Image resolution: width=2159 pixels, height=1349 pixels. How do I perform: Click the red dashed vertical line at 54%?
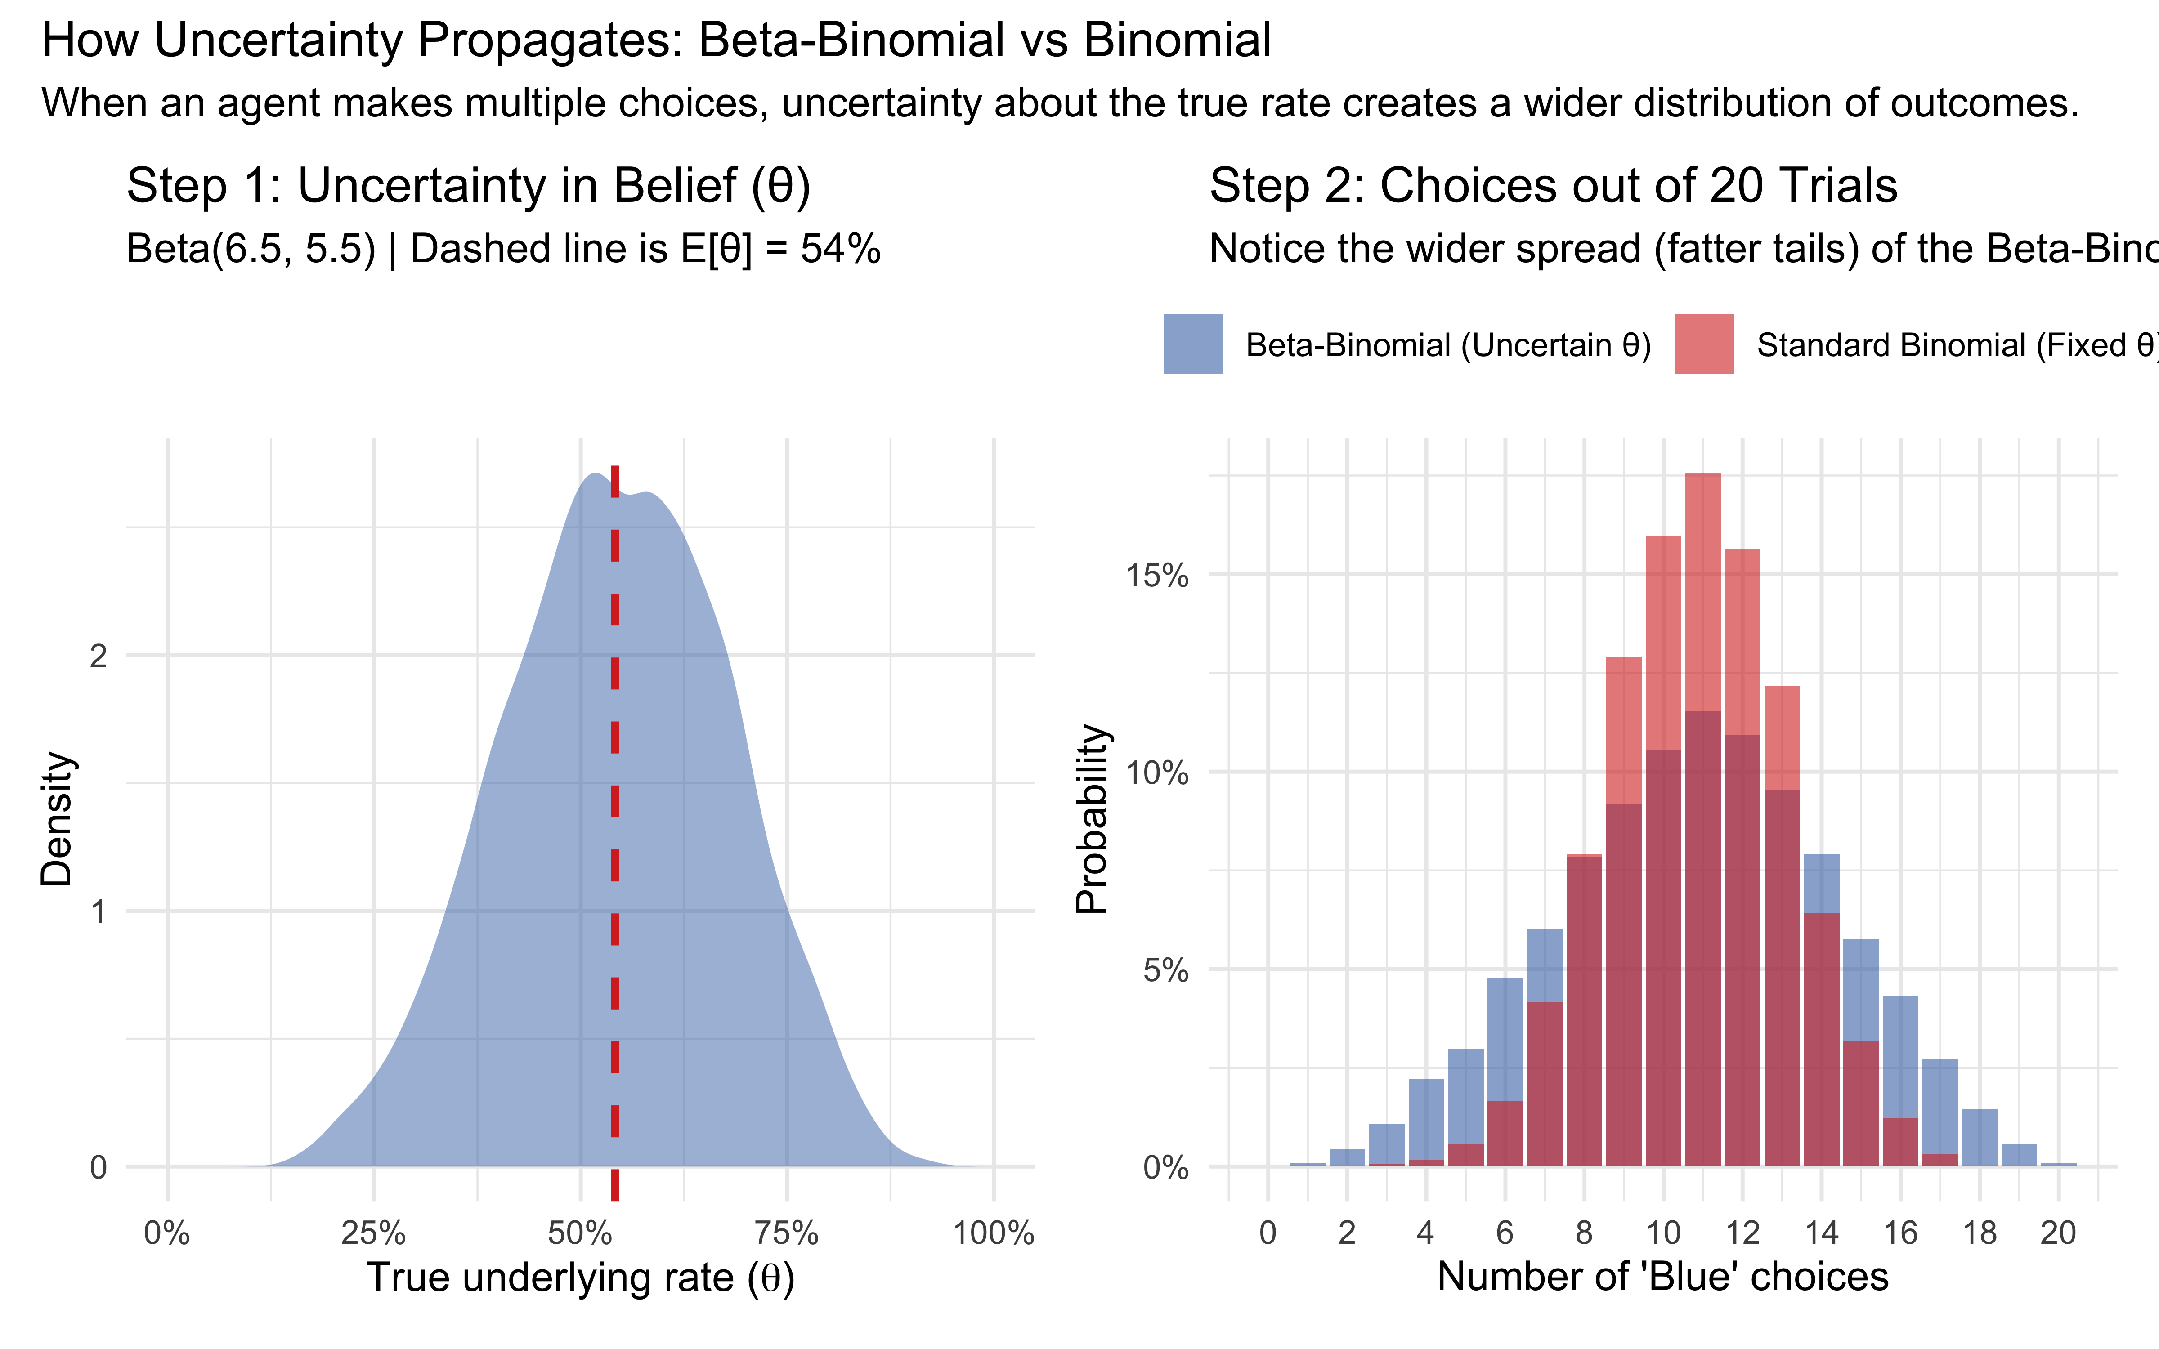point(615,803)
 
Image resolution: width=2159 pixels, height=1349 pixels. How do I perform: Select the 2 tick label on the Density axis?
point(98,656)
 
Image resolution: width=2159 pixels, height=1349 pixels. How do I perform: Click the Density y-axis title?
point(57,819)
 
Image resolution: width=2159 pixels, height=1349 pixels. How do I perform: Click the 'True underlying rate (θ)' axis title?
point(580,1278)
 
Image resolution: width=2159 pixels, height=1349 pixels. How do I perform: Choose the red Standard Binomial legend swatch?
point(1703,344)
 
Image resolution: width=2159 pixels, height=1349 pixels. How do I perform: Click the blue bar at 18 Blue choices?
point(1979,1139)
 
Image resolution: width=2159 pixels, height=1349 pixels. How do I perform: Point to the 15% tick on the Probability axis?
point(1157,576)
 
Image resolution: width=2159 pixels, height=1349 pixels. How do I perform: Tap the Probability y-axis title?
point(1092,819)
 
